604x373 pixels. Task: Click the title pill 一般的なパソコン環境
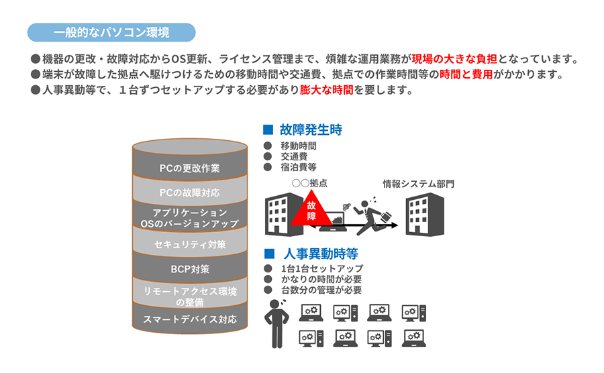point(111,32)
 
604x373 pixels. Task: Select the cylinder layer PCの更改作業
point(189,168)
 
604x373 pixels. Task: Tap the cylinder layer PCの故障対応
point(189,193)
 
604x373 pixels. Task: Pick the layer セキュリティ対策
point(189,244)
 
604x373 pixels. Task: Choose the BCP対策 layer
point(189,269)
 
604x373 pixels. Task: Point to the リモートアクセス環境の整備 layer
point(189,296)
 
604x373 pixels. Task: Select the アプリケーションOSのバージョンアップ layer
point(189,217)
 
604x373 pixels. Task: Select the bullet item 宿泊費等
point(298,166)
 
